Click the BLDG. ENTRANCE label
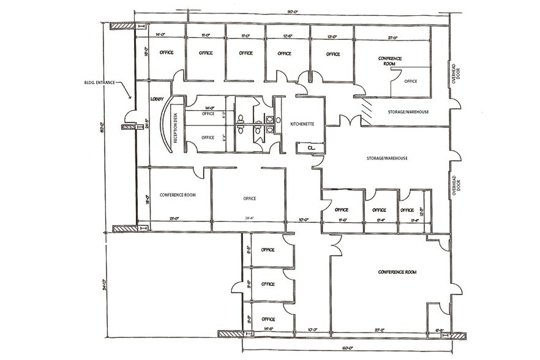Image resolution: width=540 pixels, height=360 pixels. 102,83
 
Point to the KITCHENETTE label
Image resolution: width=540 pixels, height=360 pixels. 302,124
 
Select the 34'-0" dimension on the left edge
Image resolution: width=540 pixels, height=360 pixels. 105,284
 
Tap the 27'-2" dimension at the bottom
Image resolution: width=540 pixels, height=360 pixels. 380,330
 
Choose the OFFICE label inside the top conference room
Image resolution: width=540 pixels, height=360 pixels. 410,81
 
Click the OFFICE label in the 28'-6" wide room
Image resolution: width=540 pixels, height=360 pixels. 249,198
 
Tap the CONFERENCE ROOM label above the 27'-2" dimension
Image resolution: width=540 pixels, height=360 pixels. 397,271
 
